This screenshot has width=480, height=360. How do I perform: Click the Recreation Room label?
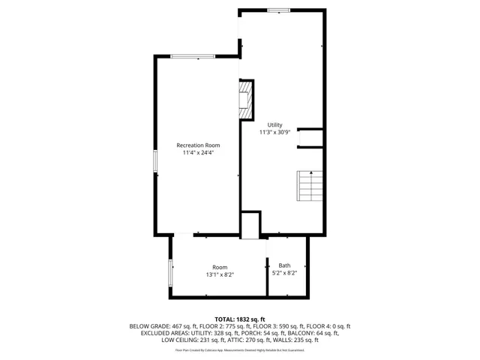pyautogui.click(x=198, y=145)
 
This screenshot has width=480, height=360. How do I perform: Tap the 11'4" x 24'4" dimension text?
pyautogui.click(x=198, y=153)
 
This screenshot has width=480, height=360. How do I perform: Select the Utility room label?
pyautogui.click(x=274, y=124)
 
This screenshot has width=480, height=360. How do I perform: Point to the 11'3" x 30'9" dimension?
pyautogui.click(x=274, y=132)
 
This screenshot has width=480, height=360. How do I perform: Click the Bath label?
pyautogui.click(x=284, y=265)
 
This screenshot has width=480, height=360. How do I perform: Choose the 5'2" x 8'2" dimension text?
pyautogui.click(x=284, y=274)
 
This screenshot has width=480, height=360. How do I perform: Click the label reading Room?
pyautogui.click(x=219, y=267)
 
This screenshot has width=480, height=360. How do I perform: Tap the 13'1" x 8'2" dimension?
pyautogui.click(x=220, y=275)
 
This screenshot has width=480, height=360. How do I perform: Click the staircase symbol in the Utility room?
pyautogui.click(x=309, y=186)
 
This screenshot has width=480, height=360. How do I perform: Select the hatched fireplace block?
pyautogui.click(x=245, y=99)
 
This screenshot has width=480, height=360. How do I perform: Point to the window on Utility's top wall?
pyautogui.click(x=279, y=10)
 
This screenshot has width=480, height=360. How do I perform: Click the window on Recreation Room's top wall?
pyautogui.click(x=193, y=56)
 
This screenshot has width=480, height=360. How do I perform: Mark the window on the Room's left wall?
pyautogui.click(x=170, y=272)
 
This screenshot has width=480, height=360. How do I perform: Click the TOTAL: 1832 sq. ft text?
pyautogui.click(x=240, y=319)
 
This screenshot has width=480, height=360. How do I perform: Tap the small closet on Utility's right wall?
pyautogui.click(x=310, y=138)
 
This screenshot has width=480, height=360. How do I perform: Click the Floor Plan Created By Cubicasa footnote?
pyautogui.click(x=240, y=349)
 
